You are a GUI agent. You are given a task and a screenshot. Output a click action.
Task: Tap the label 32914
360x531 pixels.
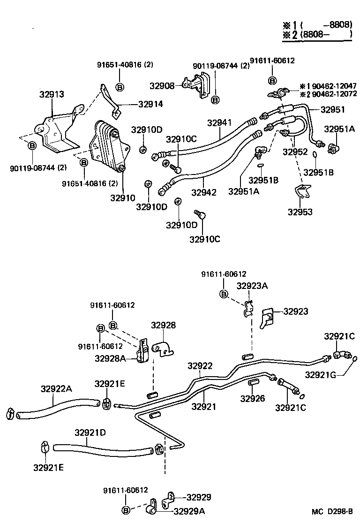(x=150, y=104)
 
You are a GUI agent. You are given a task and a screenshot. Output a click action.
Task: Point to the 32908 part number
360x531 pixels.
(x=162, y=86)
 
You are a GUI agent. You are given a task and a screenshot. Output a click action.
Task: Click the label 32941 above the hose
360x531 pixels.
(x=219, y=122)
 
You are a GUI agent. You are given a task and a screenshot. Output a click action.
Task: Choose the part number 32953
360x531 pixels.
(x=300, y=212)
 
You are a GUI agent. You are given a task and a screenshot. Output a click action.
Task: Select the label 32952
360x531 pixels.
(x=295, y=152)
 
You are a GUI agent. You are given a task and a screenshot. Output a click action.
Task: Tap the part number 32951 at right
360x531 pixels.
(x=333, y=110)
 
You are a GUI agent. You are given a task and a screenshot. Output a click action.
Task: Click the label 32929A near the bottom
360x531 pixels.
(x=189, y=511)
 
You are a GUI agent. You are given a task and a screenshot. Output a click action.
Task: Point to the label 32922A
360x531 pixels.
(x=56, y=388)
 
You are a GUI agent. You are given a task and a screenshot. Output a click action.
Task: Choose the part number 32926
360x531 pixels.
(x=253, y=399)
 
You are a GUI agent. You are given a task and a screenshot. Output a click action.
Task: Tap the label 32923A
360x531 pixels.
(x=252, y=286)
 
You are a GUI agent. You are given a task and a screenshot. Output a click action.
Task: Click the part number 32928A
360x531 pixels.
(x=110, y=358)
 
